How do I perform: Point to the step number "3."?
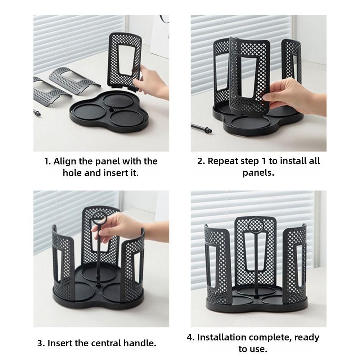(41, 343)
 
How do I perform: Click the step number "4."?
(191, 337)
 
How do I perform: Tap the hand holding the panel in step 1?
(153, 81)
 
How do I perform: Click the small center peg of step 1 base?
(110, 109)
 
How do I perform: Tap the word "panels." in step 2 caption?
(258, 172)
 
